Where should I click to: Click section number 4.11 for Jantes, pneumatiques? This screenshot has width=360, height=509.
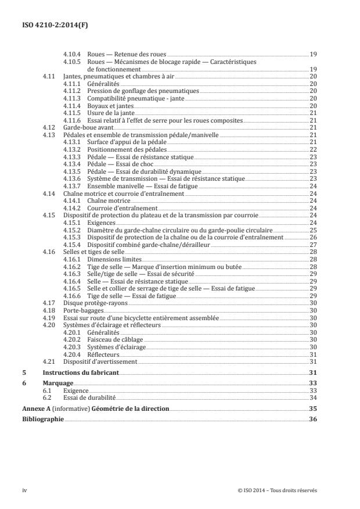click(49, 76)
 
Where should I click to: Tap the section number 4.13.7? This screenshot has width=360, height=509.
click(70, 186)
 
